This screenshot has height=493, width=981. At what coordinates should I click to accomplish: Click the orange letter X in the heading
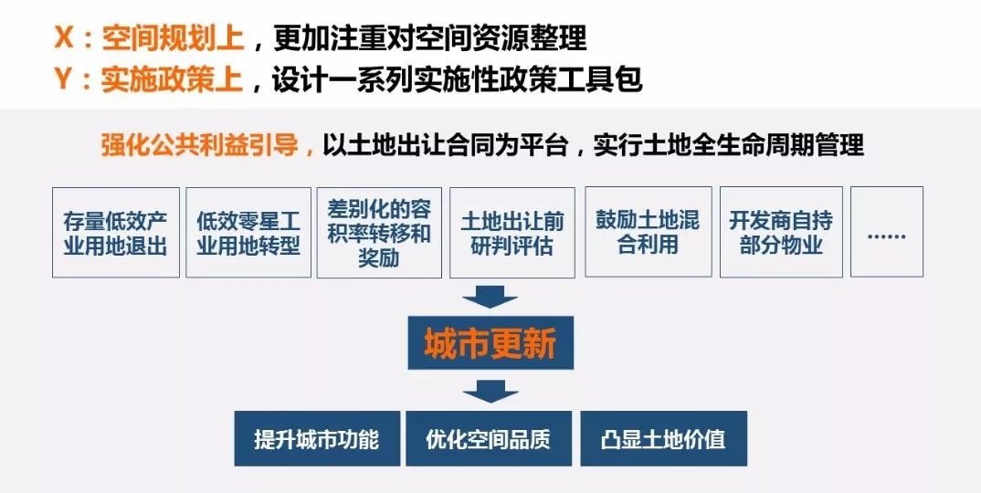point(64,37)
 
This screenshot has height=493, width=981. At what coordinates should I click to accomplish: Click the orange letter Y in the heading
point(64,79)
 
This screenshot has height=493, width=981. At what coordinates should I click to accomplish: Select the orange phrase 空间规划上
point(172,38)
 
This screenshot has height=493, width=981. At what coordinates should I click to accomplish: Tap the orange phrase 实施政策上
point(172,80)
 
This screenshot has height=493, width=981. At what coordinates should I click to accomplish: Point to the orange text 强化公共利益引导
point(200,145)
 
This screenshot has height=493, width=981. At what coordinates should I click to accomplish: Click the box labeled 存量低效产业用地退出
point(116,233)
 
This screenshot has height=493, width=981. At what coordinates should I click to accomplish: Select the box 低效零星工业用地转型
point(248,233)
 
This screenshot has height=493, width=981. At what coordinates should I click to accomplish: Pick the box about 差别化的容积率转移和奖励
point(379,233)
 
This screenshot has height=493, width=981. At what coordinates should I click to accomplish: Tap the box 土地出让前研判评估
point(512,233)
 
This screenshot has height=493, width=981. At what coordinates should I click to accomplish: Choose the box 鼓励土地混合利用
point(649,232)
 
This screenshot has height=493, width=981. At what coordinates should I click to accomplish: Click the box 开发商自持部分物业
point(782,232)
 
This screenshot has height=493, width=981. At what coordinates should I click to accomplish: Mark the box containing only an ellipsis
point(887,232)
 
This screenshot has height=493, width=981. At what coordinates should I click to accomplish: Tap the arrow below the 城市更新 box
point(490,391)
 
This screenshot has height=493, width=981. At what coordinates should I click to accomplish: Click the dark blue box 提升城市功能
point(317,438)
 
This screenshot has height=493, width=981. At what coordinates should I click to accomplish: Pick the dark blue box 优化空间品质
point(489,438)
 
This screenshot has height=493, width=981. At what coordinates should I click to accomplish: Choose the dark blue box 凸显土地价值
point(664,438)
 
